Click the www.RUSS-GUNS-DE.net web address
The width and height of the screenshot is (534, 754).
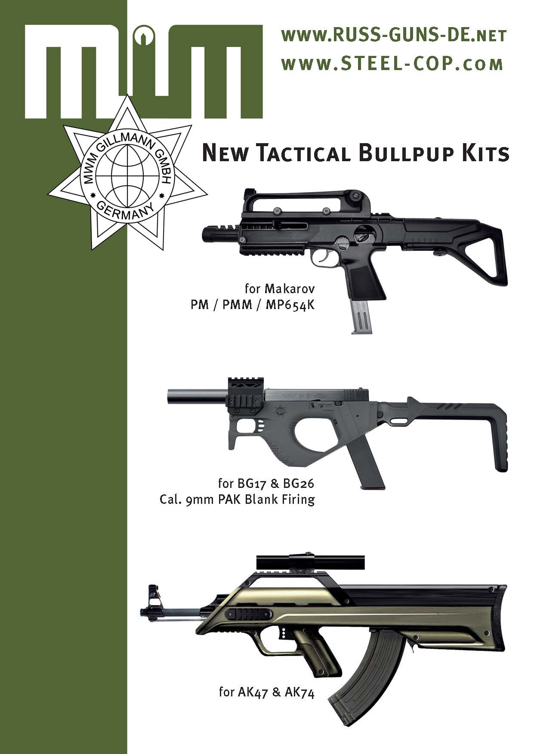point(393,36)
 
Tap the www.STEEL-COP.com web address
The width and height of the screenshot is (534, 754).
point(392,64)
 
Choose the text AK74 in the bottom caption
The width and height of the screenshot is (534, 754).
point(299,705)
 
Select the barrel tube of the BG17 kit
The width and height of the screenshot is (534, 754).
point(196,395)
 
